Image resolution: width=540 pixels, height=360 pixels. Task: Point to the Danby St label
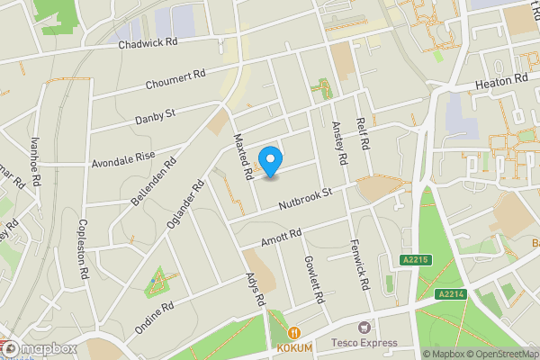point(155,116)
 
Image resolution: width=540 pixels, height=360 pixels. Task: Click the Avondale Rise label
point(123,158)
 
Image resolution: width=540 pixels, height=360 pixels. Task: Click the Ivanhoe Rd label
point(35,161)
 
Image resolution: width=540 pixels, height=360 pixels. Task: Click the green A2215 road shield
point(413,259)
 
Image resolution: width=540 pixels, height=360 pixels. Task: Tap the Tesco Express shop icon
point(364,328)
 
